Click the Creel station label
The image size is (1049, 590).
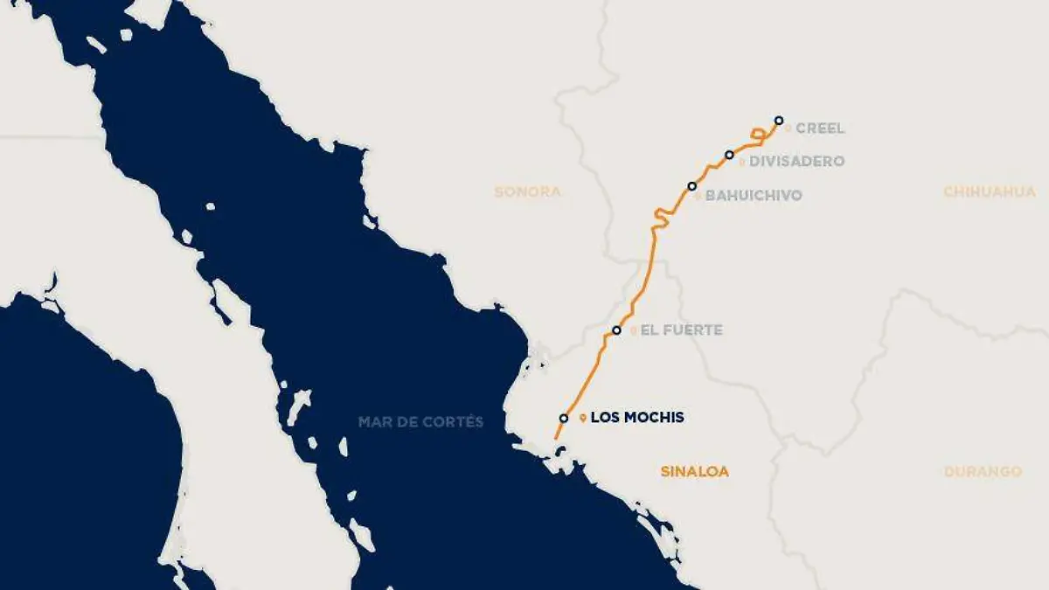820,128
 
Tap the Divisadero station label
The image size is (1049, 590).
797,162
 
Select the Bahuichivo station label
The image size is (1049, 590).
754,196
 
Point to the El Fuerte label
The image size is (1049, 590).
682,330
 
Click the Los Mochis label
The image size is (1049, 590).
637,418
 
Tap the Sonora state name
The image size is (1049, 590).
527,191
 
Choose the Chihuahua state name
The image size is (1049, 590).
990,191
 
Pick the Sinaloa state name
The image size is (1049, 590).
694,472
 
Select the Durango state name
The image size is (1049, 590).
983,472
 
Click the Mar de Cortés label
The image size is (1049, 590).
420,422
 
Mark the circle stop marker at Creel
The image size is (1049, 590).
779,121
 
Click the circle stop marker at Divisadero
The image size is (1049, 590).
729,155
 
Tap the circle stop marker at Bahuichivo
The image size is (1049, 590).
691,186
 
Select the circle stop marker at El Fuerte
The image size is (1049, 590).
616,330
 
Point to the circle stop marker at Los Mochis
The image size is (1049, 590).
564,418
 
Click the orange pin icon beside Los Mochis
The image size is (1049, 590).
583,419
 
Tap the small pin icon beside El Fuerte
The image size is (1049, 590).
634,331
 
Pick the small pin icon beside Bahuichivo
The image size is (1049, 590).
698,197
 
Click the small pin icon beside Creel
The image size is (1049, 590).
788,128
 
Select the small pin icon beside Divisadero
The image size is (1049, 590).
742,163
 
